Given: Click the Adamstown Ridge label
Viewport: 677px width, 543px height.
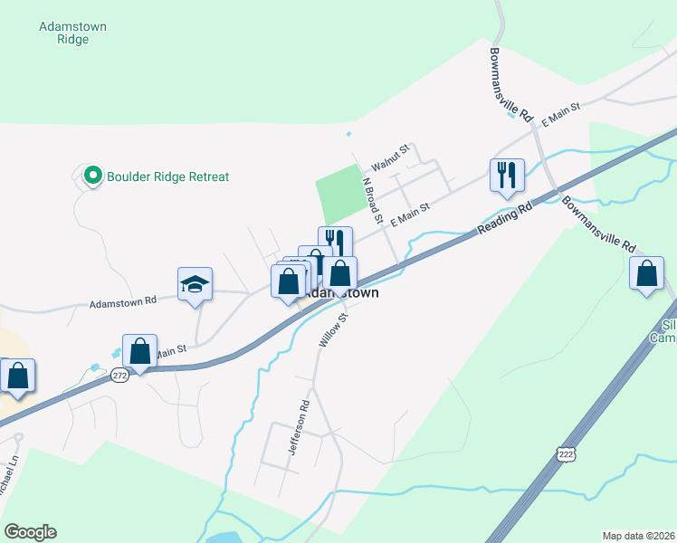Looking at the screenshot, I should pos(72,33).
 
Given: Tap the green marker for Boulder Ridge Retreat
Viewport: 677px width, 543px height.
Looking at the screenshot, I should pos(91,176).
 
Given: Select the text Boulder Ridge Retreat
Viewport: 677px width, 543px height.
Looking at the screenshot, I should pos(167,176).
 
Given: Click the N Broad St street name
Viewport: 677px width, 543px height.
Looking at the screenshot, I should pos(372,201).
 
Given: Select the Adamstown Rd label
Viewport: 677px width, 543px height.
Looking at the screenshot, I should pos(123,301).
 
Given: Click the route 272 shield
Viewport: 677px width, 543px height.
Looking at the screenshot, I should pos(119,376).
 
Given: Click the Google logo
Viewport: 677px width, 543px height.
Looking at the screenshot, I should pos(30,532).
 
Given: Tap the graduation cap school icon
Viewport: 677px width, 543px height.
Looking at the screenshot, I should pos(195,285).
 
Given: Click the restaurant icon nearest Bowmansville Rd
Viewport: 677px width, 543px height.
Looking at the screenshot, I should pos(507,174).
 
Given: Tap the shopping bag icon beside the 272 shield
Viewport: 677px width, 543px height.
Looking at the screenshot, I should pos(140,351).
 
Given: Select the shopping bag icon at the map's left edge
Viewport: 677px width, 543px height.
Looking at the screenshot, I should pos(17,376).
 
